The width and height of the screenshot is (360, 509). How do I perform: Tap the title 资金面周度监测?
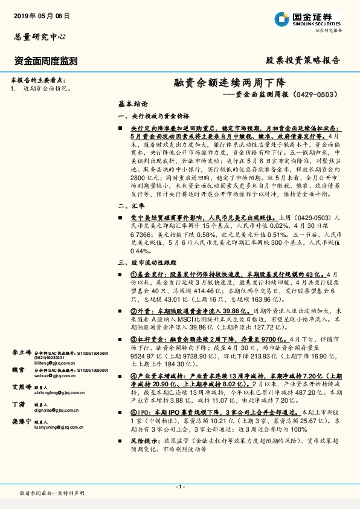[45, 60]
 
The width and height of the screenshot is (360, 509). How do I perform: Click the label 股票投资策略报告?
[303, 60]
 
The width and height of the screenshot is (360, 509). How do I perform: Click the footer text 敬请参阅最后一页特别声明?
[51, 493]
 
